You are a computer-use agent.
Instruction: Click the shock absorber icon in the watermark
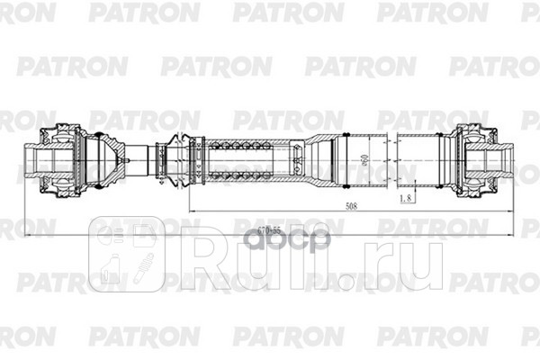pyautogui.click(x=142, y=266)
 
